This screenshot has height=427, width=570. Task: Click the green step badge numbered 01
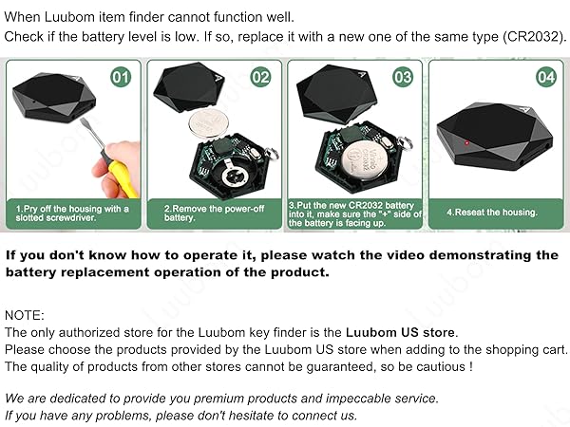pyautogui.click(x=120, y=76)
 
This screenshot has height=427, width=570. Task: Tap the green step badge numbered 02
pyautogui.click(x=260, y=76)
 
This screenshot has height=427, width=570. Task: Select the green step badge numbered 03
pyautogui.click(x=403, y=76)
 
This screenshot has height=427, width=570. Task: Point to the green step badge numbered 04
pyautogui.click(x=545, y=76)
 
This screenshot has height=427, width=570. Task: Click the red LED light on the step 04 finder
pyautogui.click(x=467, y=141)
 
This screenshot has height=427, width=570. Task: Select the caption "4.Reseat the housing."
pyautogui.click(x=491, y=213)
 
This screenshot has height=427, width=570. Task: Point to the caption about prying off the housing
pyautogui.click(x=72, y=213)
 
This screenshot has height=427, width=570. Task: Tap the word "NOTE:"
pyautogui.click(x=25, y=315)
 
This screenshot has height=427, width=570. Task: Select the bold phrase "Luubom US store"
pyautogui.click(x=399, y=332)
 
